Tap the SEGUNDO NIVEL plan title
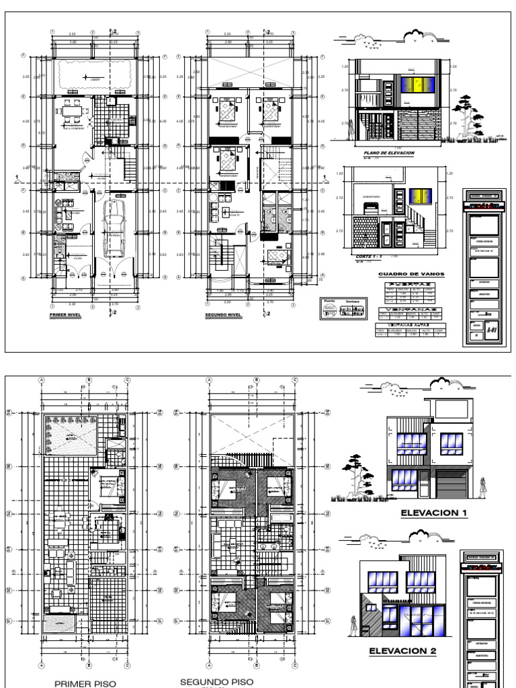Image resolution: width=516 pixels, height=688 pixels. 224,314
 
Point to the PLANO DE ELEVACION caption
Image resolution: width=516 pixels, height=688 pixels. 390,153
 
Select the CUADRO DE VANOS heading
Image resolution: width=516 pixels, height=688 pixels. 403,274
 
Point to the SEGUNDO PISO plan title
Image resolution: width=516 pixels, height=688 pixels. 216,681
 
